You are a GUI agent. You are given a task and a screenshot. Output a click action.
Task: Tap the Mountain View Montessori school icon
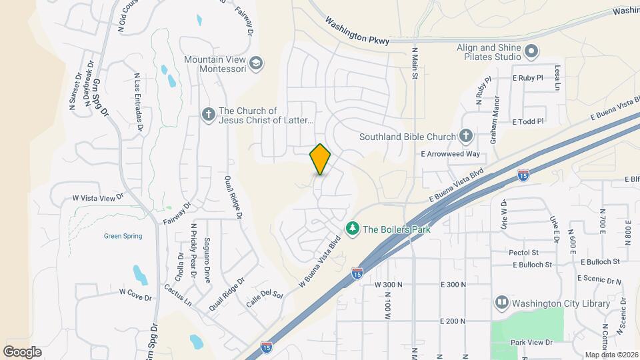click(x=256, y=63)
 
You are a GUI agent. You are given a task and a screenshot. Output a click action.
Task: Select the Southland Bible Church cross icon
click(x=465, y=137)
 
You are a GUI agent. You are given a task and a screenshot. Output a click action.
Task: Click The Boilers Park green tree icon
click(x=353, y=229)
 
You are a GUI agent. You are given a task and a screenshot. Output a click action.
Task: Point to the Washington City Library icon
click(x=501, y=303)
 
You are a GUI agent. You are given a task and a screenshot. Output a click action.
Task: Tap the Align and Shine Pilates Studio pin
click(x=531, y=51)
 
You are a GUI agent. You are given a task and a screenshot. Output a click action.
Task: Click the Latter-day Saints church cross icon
click(x=208, y=115)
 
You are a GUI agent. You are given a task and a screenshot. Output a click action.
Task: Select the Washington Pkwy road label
click(x=359, y=31)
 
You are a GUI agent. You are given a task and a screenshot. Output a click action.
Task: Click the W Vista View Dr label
click(x=98, y=198)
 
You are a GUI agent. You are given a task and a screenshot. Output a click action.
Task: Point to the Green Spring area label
click(x=123, y=236)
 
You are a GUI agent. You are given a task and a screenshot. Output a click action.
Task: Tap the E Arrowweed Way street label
click(x=450, y=154)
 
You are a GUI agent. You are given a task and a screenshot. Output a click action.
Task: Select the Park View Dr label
click(x=531, y=343)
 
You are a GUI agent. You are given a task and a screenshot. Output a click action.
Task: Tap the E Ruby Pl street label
click(x=528, y=78)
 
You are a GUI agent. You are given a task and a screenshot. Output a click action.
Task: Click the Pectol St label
click(x=523, y=253)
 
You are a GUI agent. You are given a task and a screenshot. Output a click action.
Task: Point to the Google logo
click(x=22, y=351)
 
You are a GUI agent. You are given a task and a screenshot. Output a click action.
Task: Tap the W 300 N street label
click(x=389, y=285)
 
